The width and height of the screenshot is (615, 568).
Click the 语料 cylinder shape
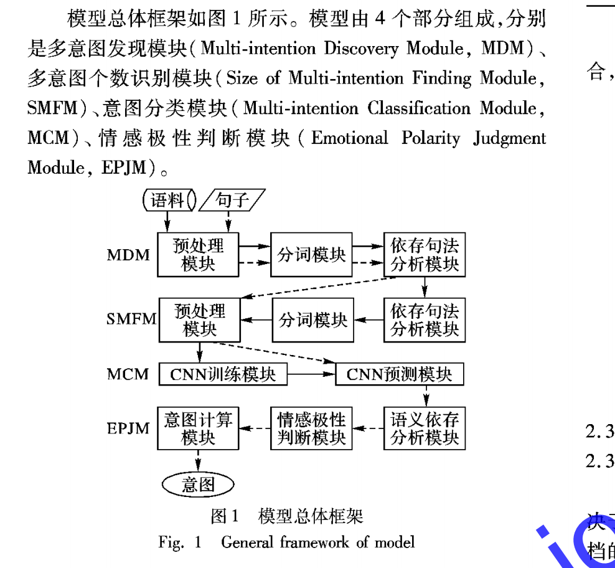click(x=168, y=200)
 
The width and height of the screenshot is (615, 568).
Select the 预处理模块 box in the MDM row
click(x=199, y=254)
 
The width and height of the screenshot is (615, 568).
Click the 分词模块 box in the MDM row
click(x=311, y=254)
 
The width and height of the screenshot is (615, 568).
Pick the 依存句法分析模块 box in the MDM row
click(x=425, y=254)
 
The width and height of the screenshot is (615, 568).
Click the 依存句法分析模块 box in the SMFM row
click(x=425, y=319)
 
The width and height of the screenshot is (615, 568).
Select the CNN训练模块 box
click(x=223, y=374)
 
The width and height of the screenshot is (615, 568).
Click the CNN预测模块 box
click(x=399, y=374)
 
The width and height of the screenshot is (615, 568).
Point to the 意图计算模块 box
click(x=198, y=428)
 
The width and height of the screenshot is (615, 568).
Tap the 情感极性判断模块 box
click(x=311, y=428)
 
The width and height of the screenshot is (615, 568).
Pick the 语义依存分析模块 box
click(x=425, y=428)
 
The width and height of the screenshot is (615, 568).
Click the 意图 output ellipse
click(x=198, y=484)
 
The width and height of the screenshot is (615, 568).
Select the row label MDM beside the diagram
click(x=128, y=255)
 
